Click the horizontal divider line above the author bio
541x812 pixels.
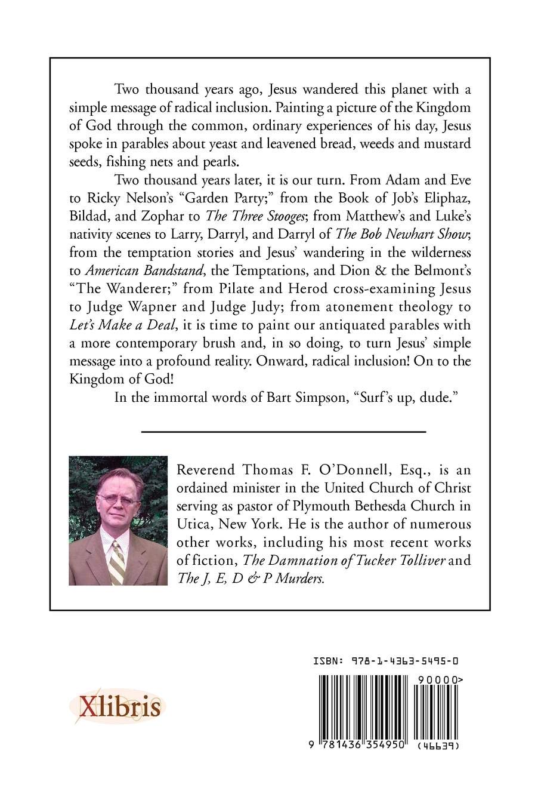coord(283,430)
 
